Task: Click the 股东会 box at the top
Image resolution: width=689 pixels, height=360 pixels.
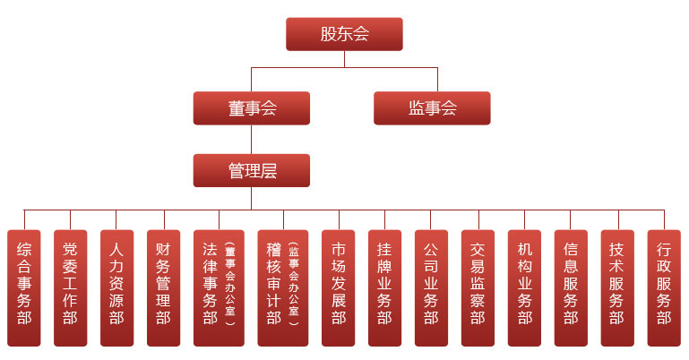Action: click(x=344, y=35)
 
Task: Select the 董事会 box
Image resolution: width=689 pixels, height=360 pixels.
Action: click(x=252, y=108)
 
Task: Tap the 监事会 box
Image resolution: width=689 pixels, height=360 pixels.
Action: click(x=432, y=108)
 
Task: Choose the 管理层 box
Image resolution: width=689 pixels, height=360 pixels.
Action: click(x=252, y=170)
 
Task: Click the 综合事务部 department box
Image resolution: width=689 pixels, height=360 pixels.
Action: click(x=24, y=287)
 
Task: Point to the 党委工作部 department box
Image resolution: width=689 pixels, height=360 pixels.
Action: click(x=71, y=287)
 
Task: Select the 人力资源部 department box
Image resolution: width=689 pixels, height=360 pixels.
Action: click(x=117, y=287)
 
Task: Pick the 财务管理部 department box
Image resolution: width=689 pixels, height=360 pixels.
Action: click(x=164, y=287)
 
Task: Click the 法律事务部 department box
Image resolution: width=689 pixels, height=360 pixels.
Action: click(x=211, y=287)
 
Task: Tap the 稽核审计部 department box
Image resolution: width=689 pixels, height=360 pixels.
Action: click(x=274, y=287)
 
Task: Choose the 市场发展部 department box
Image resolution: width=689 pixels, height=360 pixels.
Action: click(x=339, y=287)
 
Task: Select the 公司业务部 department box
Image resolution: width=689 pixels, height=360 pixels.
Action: click(x=432, y=287)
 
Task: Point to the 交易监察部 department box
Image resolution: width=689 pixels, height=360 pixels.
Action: click(x=478, y=287)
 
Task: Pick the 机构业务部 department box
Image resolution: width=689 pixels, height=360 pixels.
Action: click(x=525, y=287)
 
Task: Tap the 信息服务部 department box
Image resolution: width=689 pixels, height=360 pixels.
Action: click(x=572, y=287)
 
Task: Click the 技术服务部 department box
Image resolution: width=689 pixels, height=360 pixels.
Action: click(x=618, y=287)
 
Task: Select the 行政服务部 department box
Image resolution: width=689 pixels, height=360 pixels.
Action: click(x=664, y=287)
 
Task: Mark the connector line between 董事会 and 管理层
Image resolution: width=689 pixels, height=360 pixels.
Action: click(x=252, y=139)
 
